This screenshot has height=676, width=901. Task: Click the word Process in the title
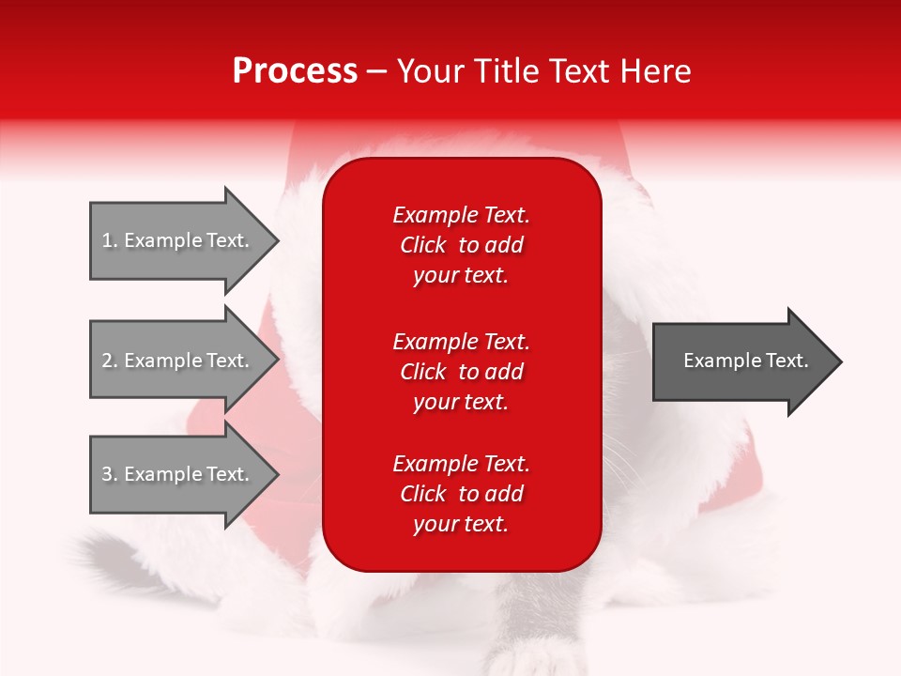(295, 71)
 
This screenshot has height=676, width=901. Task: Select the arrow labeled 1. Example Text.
(178, 240)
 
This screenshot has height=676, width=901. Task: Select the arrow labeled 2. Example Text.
(178, 361)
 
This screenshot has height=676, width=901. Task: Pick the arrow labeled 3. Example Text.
(178, 474)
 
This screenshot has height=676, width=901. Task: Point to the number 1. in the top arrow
(109, 240)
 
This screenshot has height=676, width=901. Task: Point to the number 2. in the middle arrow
(109, 361)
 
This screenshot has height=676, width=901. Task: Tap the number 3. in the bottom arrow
(109, 474)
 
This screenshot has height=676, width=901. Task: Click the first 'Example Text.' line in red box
(461, 215)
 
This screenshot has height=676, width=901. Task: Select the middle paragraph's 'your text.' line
(461, 402)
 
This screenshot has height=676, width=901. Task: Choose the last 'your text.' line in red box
(461, 524)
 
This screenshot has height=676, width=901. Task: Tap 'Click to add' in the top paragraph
(461, 245)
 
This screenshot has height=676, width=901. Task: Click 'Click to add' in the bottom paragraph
(461, 494)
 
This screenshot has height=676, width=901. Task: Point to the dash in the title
(376, 72)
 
